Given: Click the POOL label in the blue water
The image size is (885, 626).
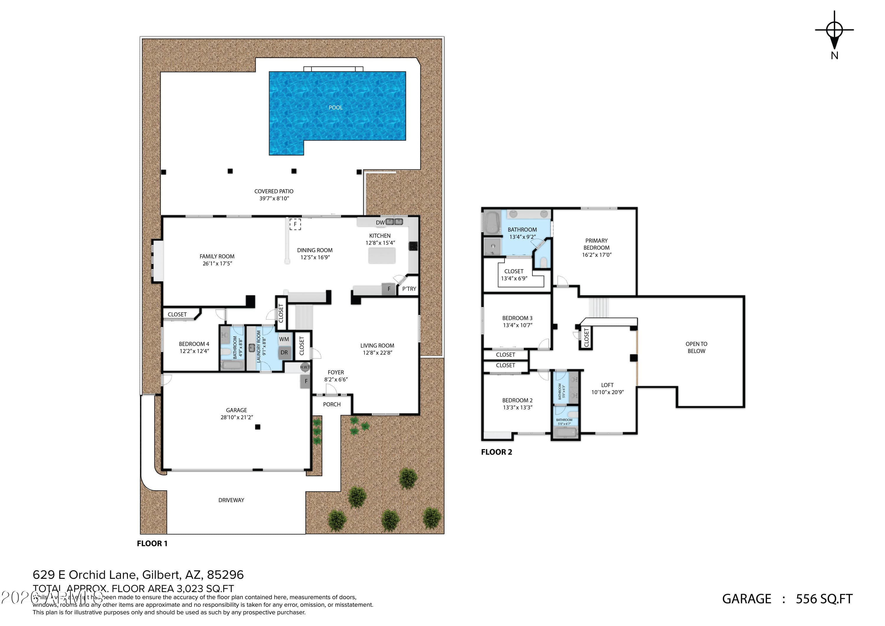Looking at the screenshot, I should click(x=335, y=108).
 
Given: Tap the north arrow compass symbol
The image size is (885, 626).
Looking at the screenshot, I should click(x=834, y=31).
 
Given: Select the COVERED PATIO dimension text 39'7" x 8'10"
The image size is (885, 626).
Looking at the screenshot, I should click(x=274, y=199).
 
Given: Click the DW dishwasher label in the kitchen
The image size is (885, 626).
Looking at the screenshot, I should click(x=380, y=223).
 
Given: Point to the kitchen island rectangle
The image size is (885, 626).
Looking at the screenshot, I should click(x=382, y=256).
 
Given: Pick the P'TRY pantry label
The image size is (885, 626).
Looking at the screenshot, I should click(x=409, y=289).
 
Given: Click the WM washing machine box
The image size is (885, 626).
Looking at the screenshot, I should click(x=284, y=339).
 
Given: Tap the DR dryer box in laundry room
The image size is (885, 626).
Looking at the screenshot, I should click(x=284, y=352).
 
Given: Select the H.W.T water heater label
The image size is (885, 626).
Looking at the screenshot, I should click(x=305, y=367).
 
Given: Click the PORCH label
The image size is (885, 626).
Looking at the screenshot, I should click(x=332, y=404).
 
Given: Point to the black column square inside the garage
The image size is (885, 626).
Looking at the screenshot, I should click(x=258, y=427).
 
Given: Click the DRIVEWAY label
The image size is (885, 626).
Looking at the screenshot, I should click(x=231, y=500).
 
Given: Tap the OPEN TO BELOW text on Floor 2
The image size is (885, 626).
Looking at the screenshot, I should click(x=696, y=347).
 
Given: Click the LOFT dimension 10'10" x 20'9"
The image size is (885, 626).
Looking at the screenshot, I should click(x=607, y=392).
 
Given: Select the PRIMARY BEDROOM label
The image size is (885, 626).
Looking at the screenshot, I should click(x=596, y=244).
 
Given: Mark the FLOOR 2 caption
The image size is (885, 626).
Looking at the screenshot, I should click(x=496, y=452).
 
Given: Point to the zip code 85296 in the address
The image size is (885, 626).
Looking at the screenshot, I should click(x=225, y=575).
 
